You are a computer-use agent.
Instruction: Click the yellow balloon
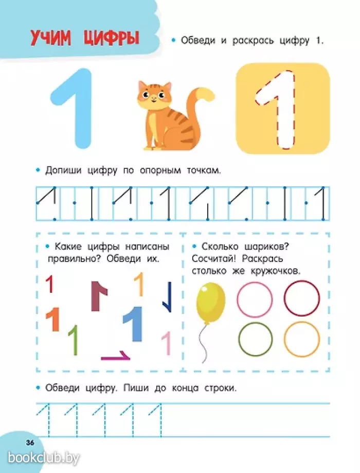(210, 303)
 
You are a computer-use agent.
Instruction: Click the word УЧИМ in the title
(51, 39)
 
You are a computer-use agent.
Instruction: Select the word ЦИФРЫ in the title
(111, 39)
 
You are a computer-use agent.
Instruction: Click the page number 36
(30, 443)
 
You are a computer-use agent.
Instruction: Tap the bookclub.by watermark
(43, 458)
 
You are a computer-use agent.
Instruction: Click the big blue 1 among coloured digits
(135, 323)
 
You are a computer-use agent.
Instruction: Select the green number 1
(74, 340)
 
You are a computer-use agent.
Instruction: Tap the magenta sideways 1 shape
(116, 357)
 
